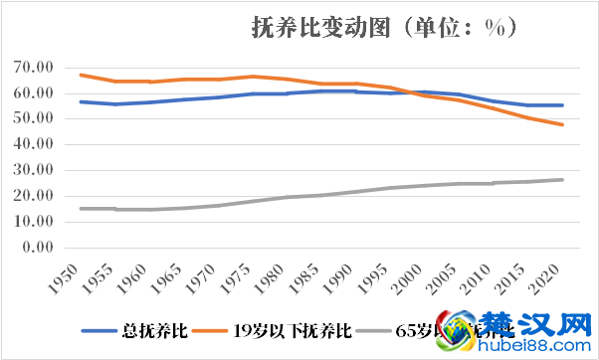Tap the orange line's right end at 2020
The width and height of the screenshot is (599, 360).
coord(563,124)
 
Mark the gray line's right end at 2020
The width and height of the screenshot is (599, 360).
coord(563,180)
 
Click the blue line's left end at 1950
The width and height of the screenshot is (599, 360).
coord(81,101)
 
